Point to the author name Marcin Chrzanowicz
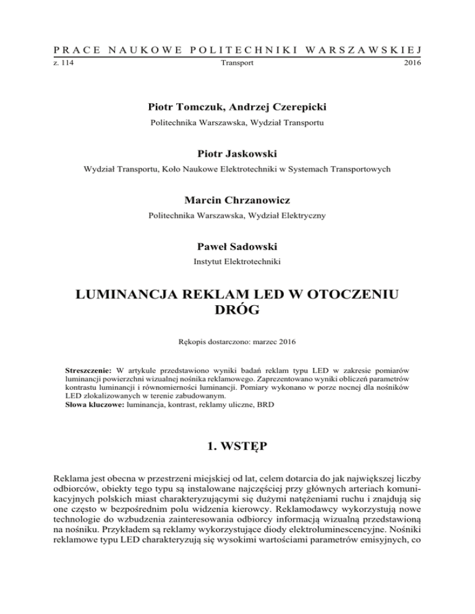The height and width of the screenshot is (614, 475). pos(237,199)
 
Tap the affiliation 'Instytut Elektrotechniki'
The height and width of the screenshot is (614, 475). pos(237,263)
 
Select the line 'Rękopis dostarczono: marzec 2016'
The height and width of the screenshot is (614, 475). pos(237,340)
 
